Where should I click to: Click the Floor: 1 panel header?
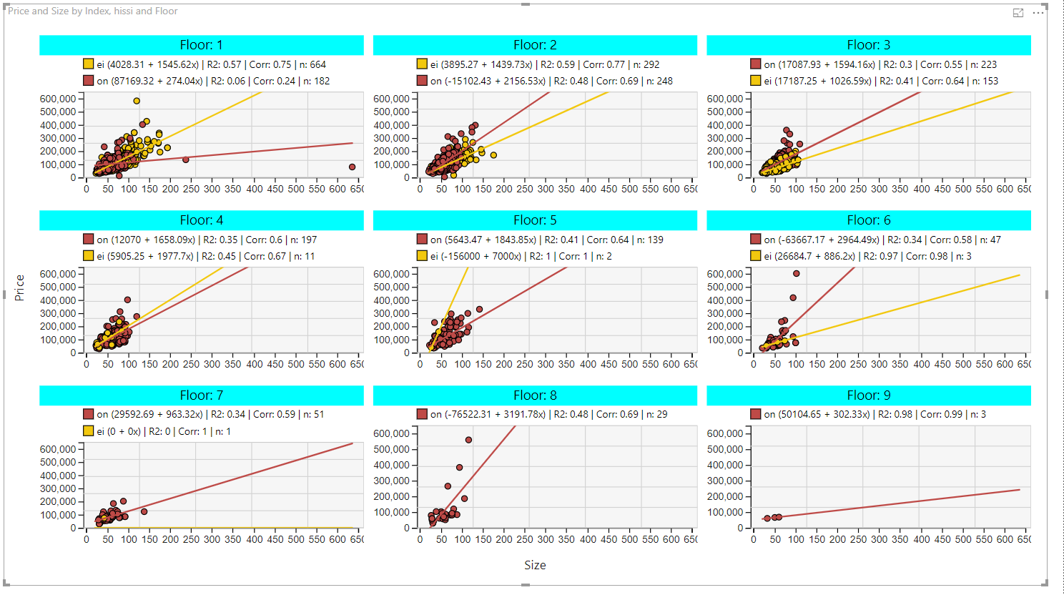coord(202,45)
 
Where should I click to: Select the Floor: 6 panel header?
coord(869,220)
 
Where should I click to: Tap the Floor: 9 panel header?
coord(869,395)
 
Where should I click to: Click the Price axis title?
coord(19,288)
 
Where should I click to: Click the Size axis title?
coord(535,565)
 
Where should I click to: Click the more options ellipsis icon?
coord(1038,13)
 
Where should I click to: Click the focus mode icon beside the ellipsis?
coord(1018,13)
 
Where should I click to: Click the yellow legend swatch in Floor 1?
coord(89,64)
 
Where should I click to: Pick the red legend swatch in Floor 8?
coord(422,414)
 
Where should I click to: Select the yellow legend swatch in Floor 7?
coord(89,431)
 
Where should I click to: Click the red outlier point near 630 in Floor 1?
coord(352,167)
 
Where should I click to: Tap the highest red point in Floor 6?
coord(796,273)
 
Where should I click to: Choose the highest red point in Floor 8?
coord(468,440)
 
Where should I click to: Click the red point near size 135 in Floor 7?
coord(144,512)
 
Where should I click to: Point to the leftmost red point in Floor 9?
coord(767,518)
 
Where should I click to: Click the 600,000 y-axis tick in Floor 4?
coord(58,274)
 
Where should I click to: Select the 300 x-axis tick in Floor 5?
coord(546,365)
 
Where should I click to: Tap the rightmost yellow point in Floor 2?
coord(493,155)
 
